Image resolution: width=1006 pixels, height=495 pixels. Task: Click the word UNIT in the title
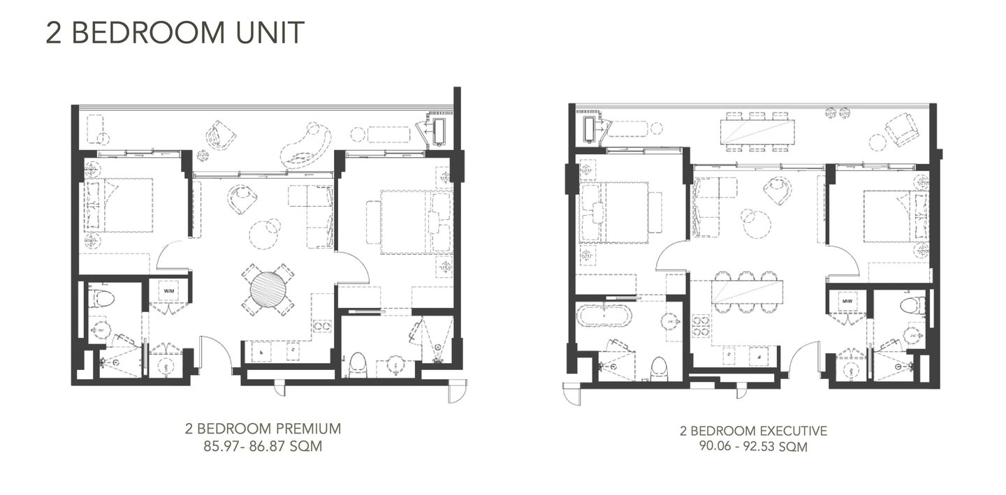(x=270, y=32)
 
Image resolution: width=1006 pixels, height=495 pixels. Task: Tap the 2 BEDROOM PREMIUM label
(x=263, y=429)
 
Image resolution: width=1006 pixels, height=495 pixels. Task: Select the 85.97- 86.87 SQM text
(x=263, y=447)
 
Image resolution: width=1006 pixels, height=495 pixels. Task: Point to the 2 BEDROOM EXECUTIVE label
(x=753, y=431)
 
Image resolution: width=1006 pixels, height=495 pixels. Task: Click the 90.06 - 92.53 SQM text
(x=753, y=447)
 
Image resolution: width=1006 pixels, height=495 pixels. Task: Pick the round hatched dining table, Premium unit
(x=268, y=290)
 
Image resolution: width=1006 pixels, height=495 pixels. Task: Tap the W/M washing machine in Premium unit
(x=169, y=291)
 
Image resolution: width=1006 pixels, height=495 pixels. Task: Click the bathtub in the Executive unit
(x=604, y=316)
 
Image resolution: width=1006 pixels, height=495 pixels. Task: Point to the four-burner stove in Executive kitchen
(x=701, y=326)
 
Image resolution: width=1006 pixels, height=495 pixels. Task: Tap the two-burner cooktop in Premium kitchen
(x=323, y=326)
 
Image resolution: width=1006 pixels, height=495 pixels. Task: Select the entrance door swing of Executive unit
(x=804, y=355)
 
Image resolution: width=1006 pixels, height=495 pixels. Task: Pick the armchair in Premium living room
(x=242, y=199)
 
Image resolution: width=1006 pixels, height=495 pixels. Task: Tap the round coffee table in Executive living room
(x=757, y=223)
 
